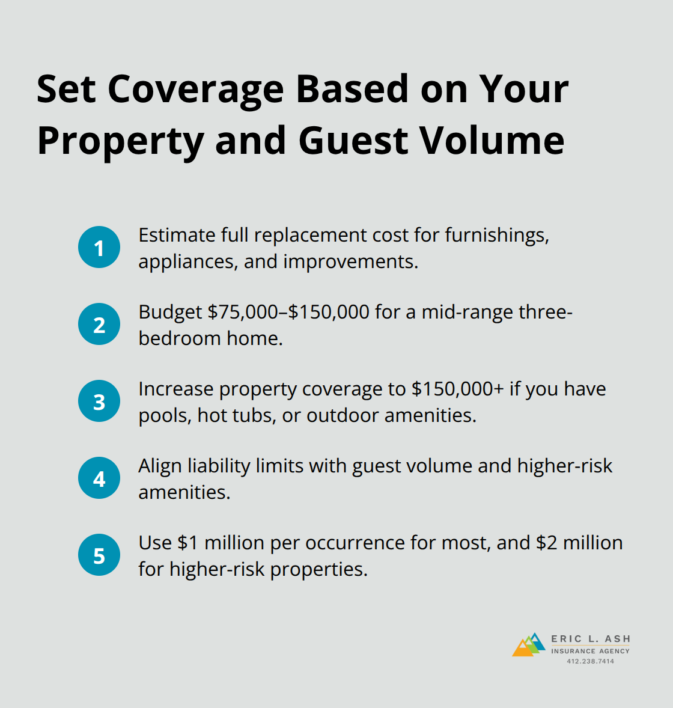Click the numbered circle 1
(x=99, y=248)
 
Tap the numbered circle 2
(x=99, y=325)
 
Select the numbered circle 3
(x=99, y=401)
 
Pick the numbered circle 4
(x=99, y=478)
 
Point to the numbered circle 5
(x=99, y=555)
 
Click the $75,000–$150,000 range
(x=288, y=312)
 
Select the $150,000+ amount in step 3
(x=458, y=389)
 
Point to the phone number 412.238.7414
(x=590, y=661)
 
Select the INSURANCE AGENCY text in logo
(x=590, y=651)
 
